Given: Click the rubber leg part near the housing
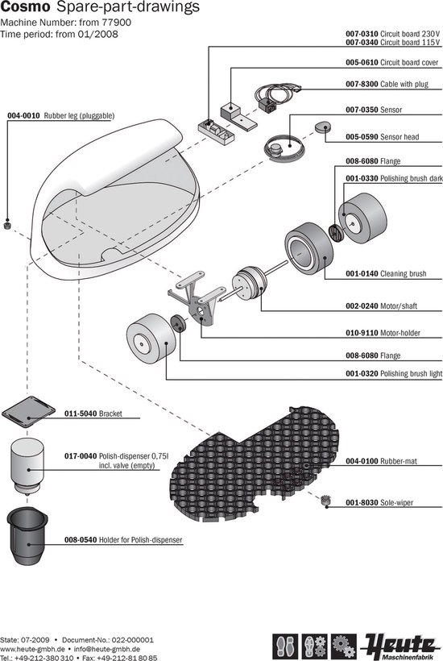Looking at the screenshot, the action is click(6, 225).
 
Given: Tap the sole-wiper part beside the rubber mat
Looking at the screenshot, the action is click(325, 501).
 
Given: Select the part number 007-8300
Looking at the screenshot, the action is click(362, 84).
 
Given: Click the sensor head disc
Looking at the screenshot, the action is click(323, 127).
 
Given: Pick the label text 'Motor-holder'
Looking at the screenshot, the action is click(400, 333).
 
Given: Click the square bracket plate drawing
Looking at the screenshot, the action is click(29, 411).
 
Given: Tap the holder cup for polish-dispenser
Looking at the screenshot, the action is click(27, 535).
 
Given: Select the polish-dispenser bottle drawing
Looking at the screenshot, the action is click(27, 466).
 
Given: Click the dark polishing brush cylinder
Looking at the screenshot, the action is click(362, 218).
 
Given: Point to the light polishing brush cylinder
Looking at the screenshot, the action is click(151, 339).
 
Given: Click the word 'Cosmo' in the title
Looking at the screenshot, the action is click(25, 6).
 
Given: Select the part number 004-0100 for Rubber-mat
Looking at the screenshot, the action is click(362, 461).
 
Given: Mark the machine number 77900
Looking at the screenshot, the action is click(117, 22).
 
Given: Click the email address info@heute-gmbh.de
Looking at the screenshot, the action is click(107, 649).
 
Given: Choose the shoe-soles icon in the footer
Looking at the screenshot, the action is click(285, 646).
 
